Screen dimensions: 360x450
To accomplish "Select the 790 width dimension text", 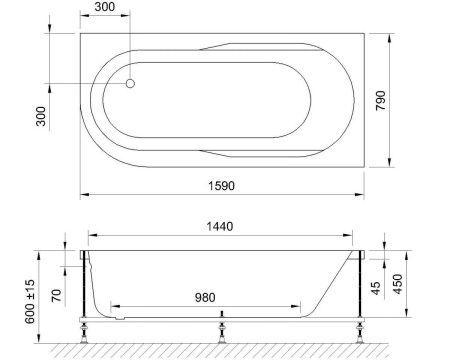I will point(399,100).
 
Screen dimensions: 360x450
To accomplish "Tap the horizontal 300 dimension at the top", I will point(104,8).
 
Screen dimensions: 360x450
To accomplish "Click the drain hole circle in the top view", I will point(130,84).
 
